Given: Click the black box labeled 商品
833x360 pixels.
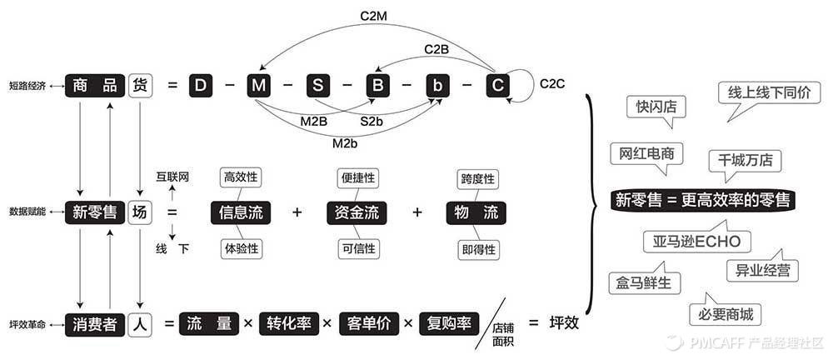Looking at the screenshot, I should click(x=94, y=85).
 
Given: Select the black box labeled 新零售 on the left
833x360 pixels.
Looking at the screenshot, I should click(x=94, y=212).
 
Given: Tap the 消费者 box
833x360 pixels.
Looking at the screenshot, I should click(x=94, y=323).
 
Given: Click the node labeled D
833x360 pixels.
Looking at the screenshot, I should click(x=200, y=85).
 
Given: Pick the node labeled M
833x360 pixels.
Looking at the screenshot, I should click(x=257, y=85).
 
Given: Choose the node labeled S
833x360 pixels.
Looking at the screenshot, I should click(x=317, y=85).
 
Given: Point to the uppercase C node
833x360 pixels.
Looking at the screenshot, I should click(x=496, y=85).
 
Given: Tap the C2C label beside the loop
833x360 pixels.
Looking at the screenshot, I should click(x=553, y=83).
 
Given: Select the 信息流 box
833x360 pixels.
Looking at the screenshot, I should click(x=240, y=212).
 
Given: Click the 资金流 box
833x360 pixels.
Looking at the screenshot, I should click(x=357, y=212).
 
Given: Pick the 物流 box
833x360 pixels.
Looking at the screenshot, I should click(x=476, y=212).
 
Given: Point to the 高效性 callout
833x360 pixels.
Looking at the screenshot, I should click(x=240, y=177).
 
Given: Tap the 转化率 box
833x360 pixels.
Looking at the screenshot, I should click(x=289, y=323).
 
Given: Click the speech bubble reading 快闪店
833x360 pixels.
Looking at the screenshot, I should click(x=656, y=107).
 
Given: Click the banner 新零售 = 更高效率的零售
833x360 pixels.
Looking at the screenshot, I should click(x=703, y=200).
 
